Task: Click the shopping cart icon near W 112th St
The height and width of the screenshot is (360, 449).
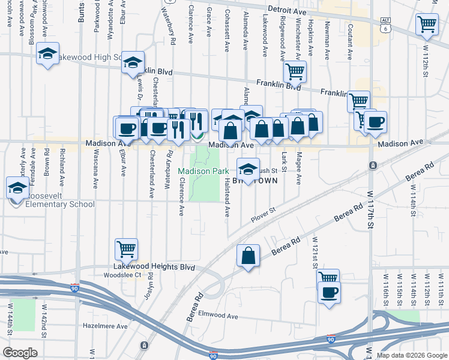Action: (427, 25)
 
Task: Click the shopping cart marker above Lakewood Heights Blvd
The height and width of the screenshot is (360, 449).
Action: (126, 249)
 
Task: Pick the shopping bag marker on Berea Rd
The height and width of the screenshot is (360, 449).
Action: (248, 256)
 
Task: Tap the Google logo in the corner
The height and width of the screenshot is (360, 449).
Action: (20, 353)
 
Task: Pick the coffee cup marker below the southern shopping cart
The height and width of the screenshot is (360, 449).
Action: (328, 293)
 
